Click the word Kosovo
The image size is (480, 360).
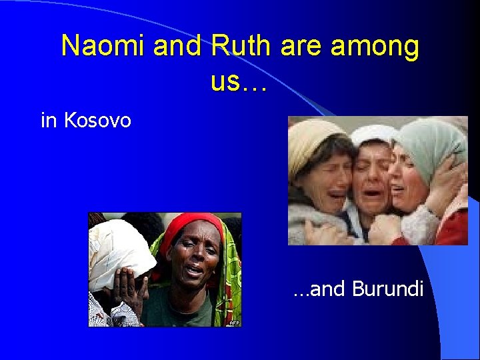click(97, 121)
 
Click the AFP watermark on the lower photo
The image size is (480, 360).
click(234, 323)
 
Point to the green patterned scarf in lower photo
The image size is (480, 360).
click(230, 267)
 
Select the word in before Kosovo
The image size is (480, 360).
click(49, 121)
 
